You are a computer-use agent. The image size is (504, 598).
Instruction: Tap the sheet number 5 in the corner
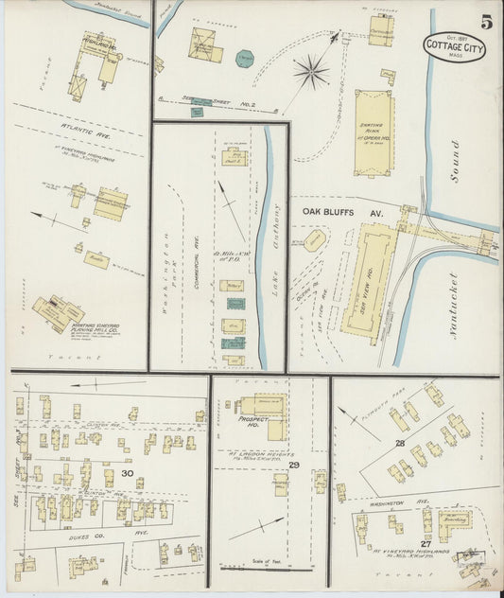coord(484,22)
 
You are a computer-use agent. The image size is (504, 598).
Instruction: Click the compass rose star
coord(310,71)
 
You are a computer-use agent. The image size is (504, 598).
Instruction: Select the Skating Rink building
coord(374,132)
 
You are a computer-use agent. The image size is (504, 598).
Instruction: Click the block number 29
coord(294,466)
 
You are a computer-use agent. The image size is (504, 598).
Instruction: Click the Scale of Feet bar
coord(269,567)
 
